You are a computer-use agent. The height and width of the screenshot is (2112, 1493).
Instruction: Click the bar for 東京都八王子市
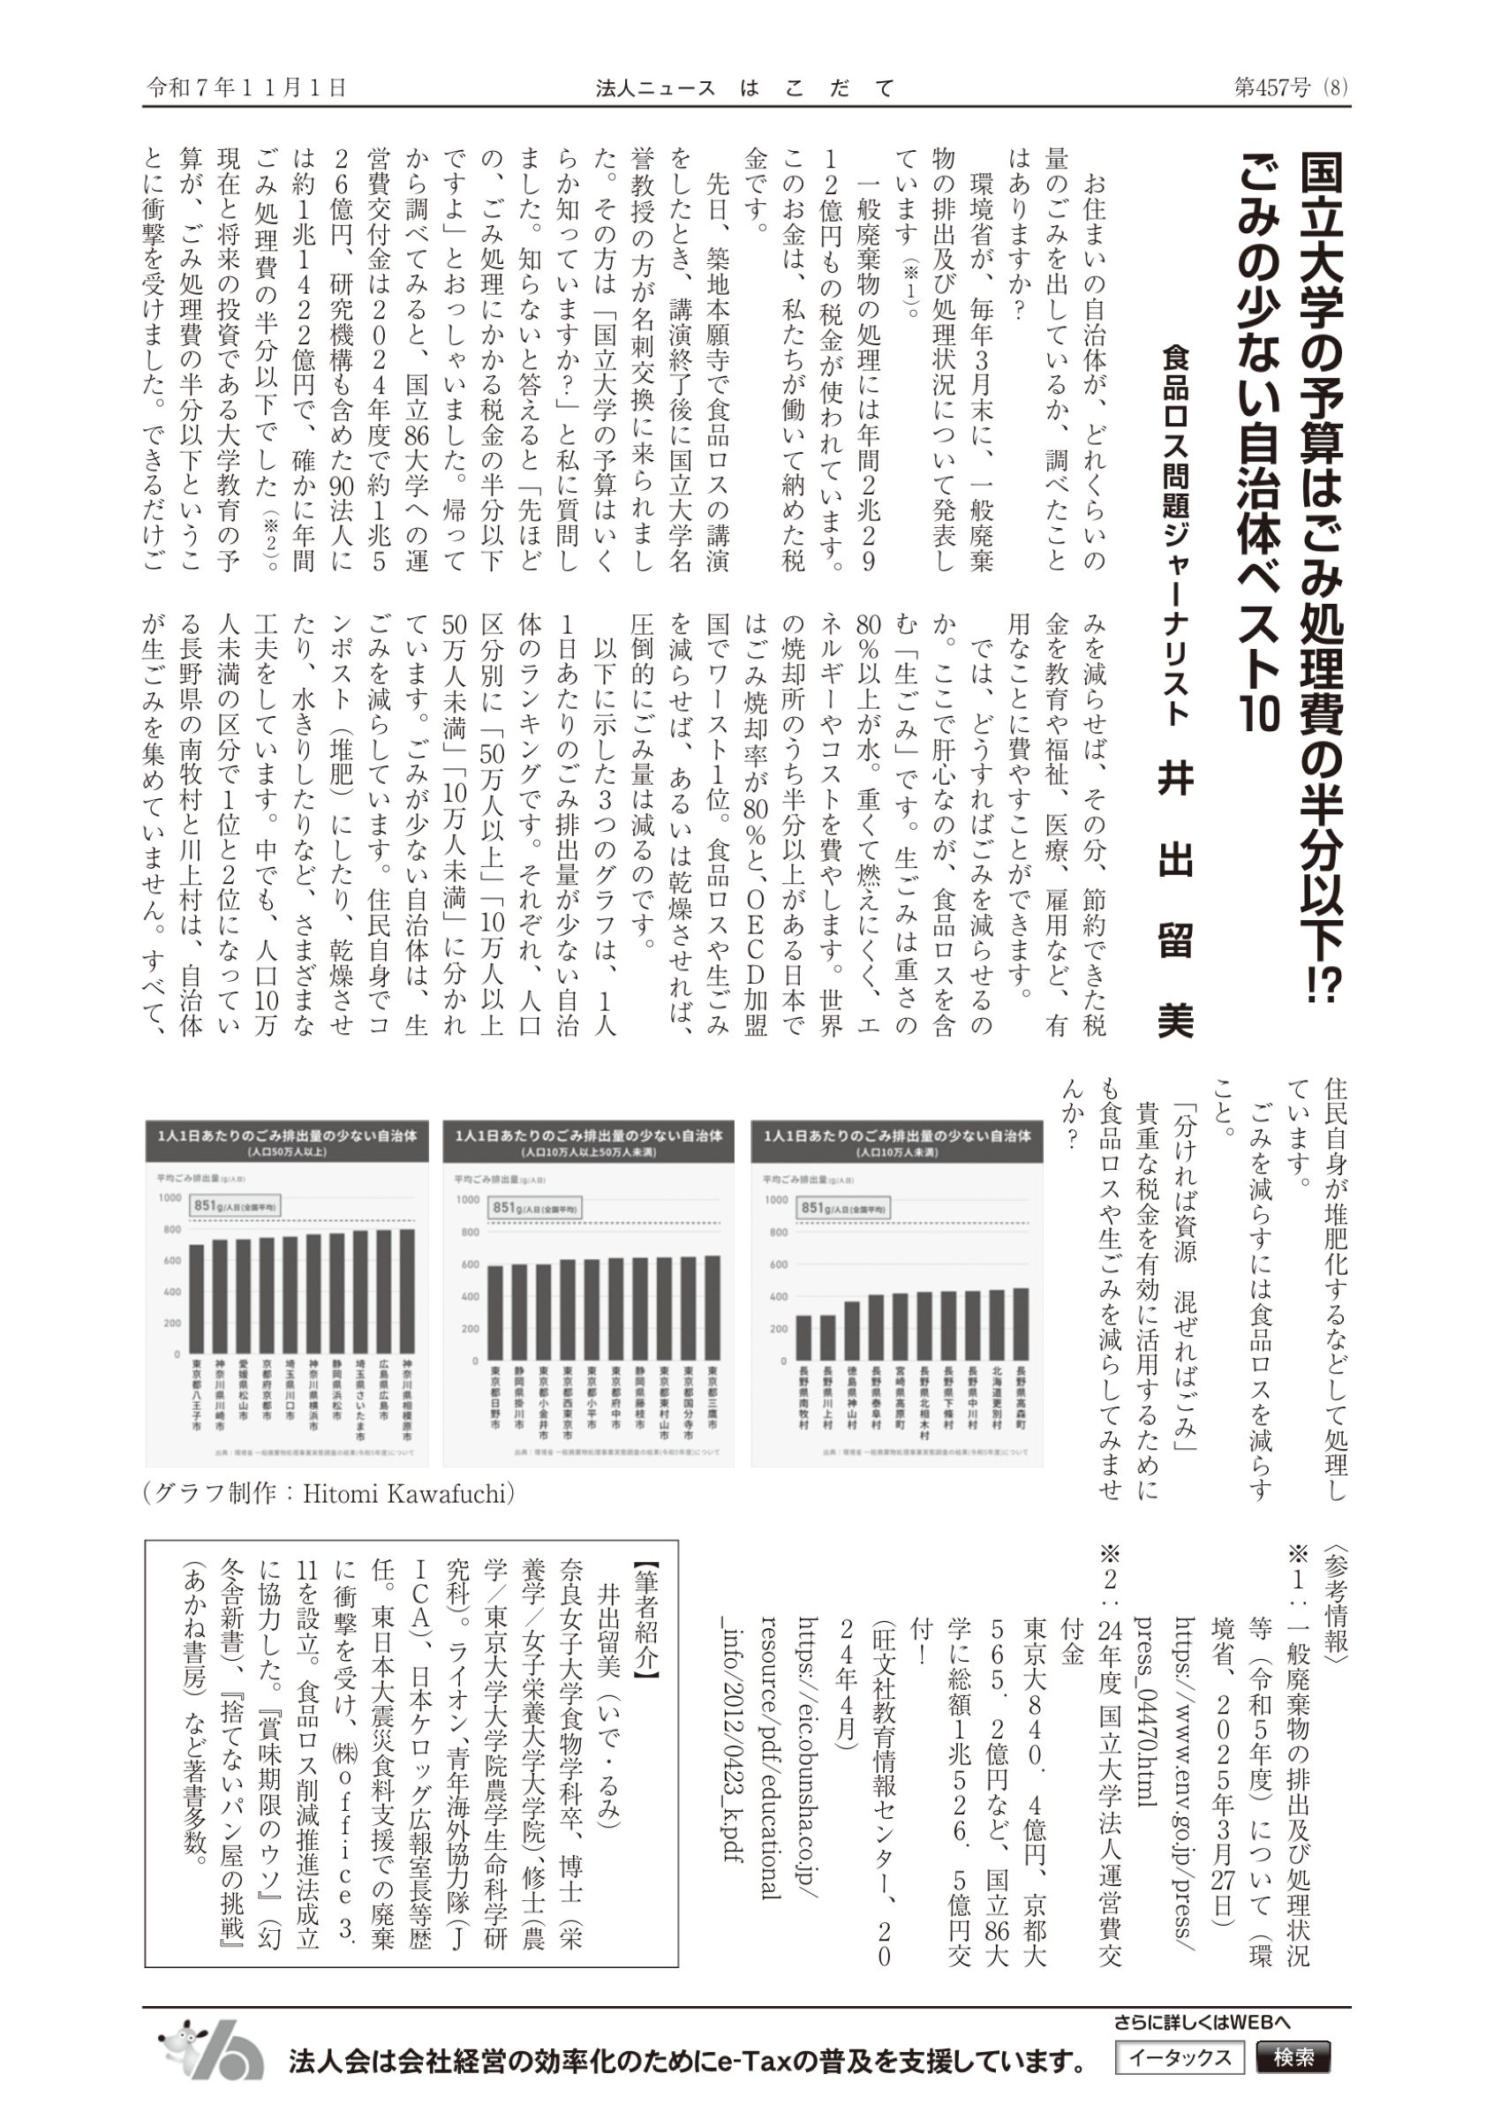point(196,1297)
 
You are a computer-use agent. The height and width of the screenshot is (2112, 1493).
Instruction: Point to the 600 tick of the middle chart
point(469,1264)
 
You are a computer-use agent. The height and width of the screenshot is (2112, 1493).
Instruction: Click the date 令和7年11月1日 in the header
point(246,87)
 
